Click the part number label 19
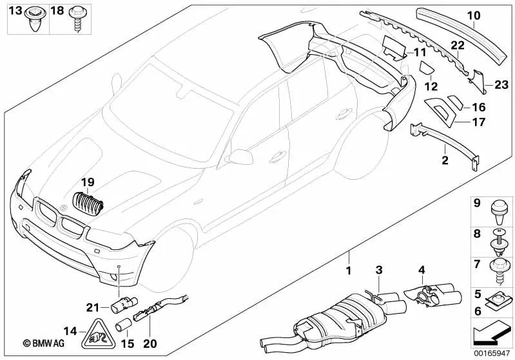pos(88,183)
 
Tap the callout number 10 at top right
pos(474,14)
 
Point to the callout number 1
pos(349,271)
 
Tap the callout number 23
pos(501,84)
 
